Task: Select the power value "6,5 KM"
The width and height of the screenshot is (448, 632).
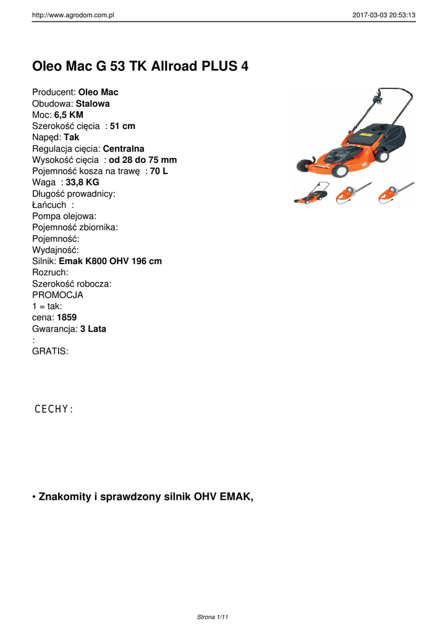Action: pyautogui.click(x=69, y=115)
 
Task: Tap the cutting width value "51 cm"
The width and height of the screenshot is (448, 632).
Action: pyautogui.click(x=122, y=126)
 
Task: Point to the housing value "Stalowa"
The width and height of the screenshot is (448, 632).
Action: pyautogui.click(x=93, y=104)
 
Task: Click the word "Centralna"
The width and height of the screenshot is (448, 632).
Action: pyautogui.click(x=124, y=149)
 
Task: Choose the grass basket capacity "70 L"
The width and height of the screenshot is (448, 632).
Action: pyautogui.click(x=159, y=171)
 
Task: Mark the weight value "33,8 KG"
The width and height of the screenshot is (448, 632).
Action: pyautogui.click(x=82, y=182)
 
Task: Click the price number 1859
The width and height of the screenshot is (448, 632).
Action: pyautogui.click(x=67, y=317)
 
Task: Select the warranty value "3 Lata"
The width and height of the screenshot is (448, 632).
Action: pyautogui.click(x=93, y=329)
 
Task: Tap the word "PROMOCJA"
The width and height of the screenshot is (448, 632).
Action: pyautogui.click(x=57, y=295)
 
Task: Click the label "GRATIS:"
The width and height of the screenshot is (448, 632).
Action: pyautogui.click(x=50, y=351)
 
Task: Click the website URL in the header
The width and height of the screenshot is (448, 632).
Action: pyautogui.click(x=74, y=15)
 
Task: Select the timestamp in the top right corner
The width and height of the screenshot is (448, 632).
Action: pyautogui.click(x=384, y=15)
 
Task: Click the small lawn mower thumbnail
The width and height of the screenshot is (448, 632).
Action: pyautogui.click(x=310, y=193)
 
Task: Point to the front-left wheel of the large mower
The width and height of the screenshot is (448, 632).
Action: pyautogui.click(x=305, y=165)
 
